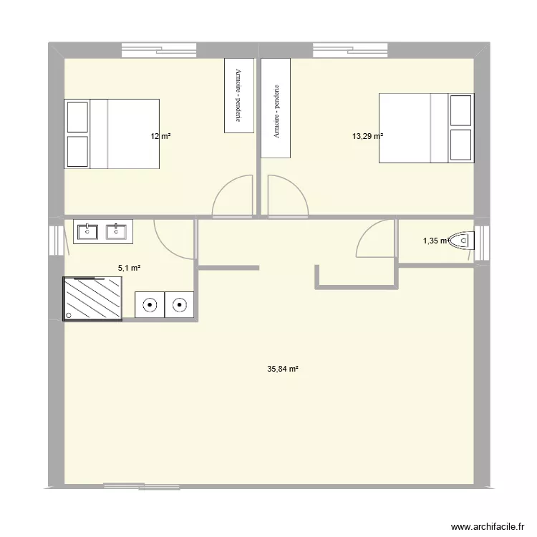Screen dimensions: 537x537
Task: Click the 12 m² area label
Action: pyautogui.click(x=160, y=136)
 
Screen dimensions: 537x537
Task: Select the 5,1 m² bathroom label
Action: pyautogui.click(x=129, y=268)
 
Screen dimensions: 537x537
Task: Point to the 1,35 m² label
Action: pyautogui.click(x=435, y=241)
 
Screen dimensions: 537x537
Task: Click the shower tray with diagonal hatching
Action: pyautogui.click(x=93, y=298)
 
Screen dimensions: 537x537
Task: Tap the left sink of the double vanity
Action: pyautogui.click(x=87, y=231)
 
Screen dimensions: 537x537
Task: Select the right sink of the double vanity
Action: pyautogui.click(x=114, y=231)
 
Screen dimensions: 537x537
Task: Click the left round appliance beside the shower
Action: pyautogui.click(x=149, y=305)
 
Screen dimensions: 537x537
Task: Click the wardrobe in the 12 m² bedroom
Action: pyautogui.click(x=239, y=95)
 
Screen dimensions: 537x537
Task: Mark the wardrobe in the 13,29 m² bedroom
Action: pyautogui.click(x=276, y=108)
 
